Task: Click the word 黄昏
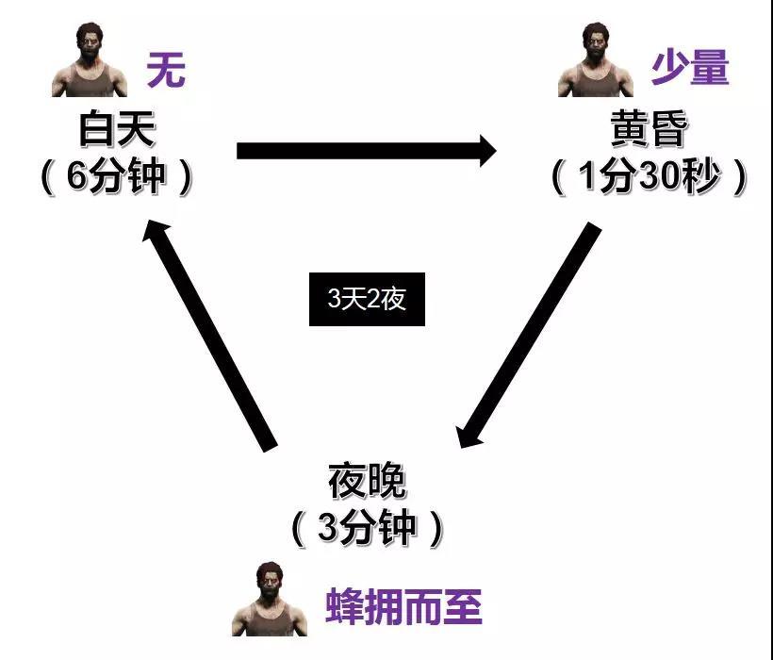[649, 130]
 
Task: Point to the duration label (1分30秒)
[649, 177]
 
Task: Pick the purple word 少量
[690, 68]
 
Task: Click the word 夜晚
[367, 482]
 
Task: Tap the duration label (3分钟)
[367, 528]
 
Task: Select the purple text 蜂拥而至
[404, 608]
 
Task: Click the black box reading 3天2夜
[367, 300]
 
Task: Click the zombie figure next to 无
[90, 63]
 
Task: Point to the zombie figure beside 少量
[596, 63]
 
